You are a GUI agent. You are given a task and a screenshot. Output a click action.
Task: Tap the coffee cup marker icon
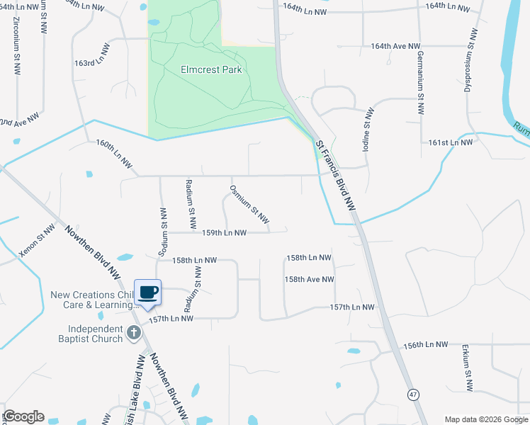pos(148,293)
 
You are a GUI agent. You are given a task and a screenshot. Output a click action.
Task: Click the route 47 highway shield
pos(412,394)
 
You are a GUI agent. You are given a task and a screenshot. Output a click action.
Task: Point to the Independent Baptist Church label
pos(96,334)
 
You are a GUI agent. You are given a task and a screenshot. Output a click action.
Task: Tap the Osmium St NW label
pos(249,203)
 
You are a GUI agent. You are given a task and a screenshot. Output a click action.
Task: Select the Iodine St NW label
pos(368,127)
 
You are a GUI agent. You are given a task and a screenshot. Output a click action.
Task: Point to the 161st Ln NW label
pos(450,142)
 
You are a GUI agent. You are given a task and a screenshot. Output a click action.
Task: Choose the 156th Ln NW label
pos(425,345)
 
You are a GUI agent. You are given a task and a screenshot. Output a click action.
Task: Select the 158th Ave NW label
pos(310,280)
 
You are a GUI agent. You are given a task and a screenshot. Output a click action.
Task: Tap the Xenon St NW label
pos(38,241)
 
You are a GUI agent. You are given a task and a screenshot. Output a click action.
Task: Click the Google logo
pos(23,416)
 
